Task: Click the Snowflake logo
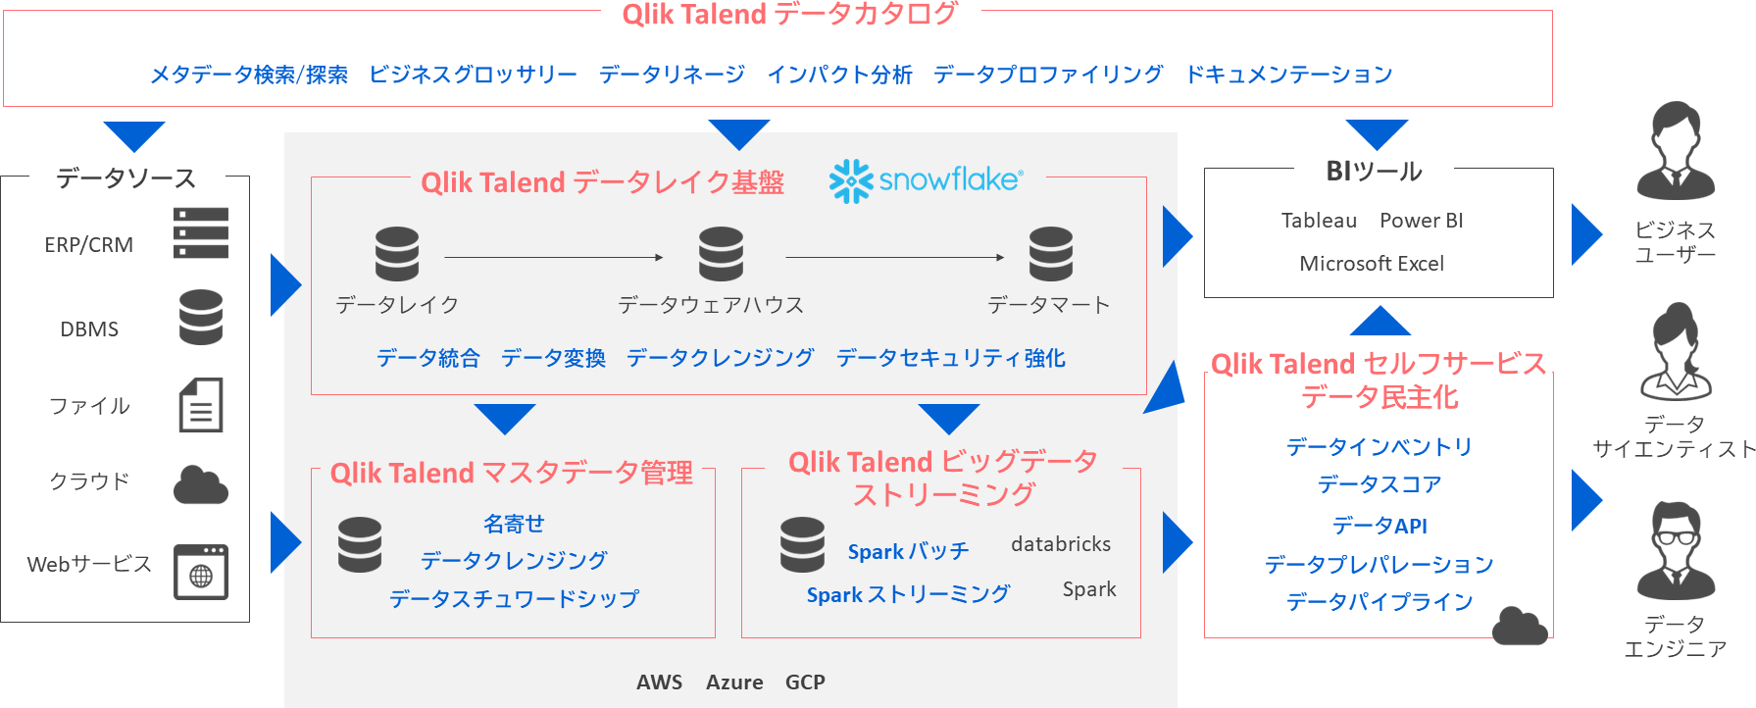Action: point(926,180)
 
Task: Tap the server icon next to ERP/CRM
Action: point(201,233)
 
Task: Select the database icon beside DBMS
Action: point(201,317)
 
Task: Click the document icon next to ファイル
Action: point(201,405)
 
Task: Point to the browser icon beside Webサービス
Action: point(201,572)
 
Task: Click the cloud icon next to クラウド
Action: point(201,485)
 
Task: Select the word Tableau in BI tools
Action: point(1319,221)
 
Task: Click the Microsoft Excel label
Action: point(1371,264)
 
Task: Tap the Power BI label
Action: point(1421,221)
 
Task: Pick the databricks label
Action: point(1061,544)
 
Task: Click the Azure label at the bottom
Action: point(734,683)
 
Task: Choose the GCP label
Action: point(805,683)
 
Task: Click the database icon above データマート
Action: point(1050,254)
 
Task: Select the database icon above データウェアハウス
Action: point(721,254)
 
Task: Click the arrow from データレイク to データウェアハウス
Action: point(554,258)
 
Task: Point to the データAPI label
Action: point(1379,526)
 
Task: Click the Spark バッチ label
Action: point(908,551)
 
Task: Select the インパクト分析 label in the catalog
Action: point(839,75)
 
